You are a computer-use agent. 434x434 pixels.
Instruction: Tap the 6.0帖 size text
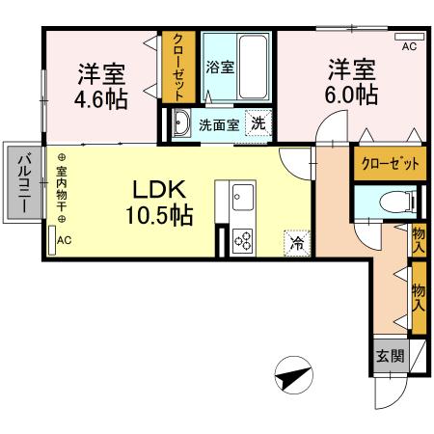pos(350,95)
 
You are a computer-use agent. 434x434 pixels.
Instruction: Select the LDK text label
pos(153,188)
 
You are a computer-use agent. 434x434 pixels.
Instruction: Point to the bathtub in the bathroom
pos(254,63)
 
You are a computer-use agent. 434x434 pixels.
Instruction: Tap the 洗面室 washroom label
pos(218,123)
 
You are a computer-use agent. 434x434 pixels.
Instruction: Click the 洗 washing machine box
pos(258,122)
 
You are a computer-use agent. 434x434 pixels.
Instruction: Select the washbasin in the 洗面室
pos(181,122)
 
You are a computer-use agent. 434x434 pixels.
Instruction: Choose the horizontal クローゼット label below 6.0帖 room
pos(390,164)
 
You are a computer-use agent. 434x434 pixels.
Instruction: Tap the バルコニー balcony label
pos(23,183)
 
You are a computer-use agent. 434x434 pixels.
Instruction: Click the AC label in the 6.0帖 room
pos(408,45)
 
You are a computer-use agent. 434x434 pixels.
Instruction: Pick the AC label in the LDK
pos(64,240)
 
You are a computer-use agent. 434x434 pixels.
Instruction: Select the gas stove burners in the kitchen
pos(241,240)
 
